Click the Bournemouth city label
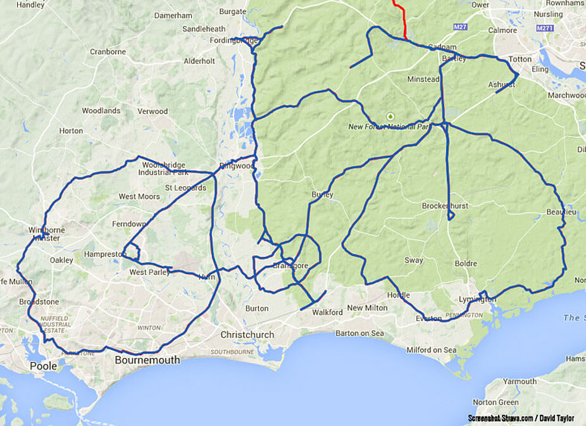147,360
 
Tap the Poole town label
43,366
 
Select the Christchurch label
247,334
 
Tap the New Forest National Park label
389,127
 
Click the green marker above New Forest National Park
390,116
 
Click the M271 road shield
544,28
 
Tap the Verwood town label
153,111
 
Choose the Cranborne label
108,52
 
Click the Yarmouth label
521,381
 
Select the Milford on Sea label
431,350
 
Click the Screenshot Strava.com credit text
520,418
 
